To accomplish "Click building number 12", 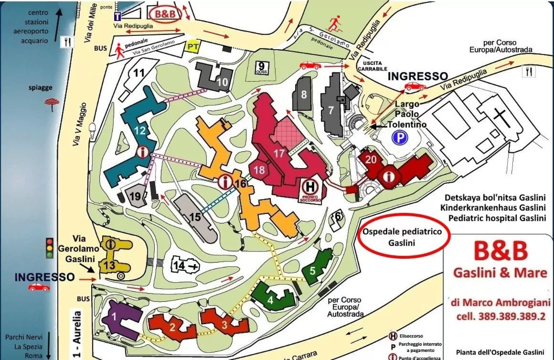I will click(x=139, y=130).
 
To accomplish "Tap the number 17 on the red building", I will click(x=279, y=154).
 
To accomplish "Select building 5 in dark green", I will click(x=313, y=270).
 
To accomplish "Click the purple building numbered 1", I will click(x=114, y=316).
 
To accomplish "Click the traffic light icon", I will click(x=49, y=248).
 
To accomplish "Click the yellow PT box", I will click(x=193, y=46).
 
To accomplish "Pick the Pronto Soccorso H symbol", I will click(x=311, y=186).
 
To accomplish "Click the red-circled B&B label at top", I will click(x=165, y=14).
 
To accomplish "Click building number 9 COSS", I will click(x=262, y=67).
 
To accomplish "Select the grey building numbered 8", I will click(x=304, y=94).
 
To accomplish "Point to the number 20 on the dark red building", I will click(x=371, y=160).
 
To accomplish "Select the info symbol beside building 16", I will click(x=224, y=182).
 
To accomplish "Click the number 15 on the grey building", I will click(x=195, y=217).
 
